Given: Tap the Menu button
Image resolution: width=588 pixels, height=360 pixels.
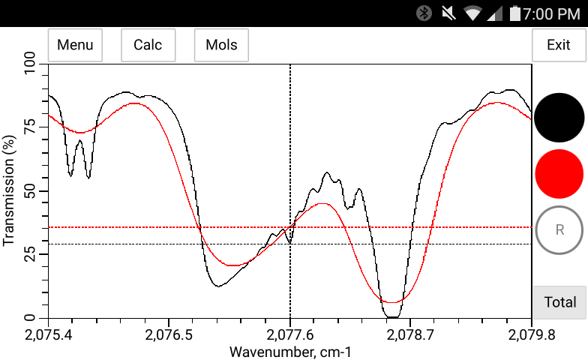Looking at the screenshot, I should click(75, 45).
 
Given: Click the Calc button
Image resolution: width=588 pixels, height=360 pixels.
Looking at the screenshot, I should click(148, 45).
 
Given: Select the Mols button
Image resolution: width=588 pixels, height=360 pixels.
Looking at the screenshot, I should click(221, 45).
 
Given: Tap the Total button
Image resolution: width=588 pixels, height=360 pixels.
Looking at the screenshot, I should click(559, 302).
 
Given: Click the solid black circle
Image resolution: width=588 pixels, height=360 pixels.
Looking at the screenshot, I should click(559, 118).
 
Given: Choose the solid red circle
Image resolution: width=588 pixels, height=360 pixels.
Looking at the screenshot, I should click(559, 173).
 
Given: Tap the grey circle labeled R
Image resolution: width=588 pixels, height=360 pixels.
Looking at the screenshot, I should click(559, 229).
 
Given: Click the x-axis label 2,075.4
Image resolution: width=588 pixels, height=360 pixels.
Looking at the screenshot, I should click(49, 333).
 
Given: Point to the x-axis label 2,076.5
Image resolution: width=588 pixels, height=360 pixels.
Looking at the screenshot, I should click(169, 333).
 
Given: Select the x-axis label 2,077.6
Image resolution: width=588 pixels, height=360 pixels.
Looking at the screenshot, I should click(290, 333).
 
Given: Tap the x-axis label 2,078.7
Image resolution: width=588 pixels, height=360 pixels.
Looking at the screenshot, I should click(411, 333).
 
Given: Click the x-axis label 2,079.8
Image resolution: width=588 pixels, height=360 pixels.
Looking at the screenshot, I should click(531, 333).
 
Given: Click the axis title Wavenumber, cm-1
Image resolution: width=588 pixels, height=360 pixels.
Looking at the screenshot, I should click(290, 351).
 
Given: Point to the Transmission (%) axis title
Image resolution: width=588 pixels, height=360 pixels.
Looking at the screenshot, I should click(9, 191).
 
